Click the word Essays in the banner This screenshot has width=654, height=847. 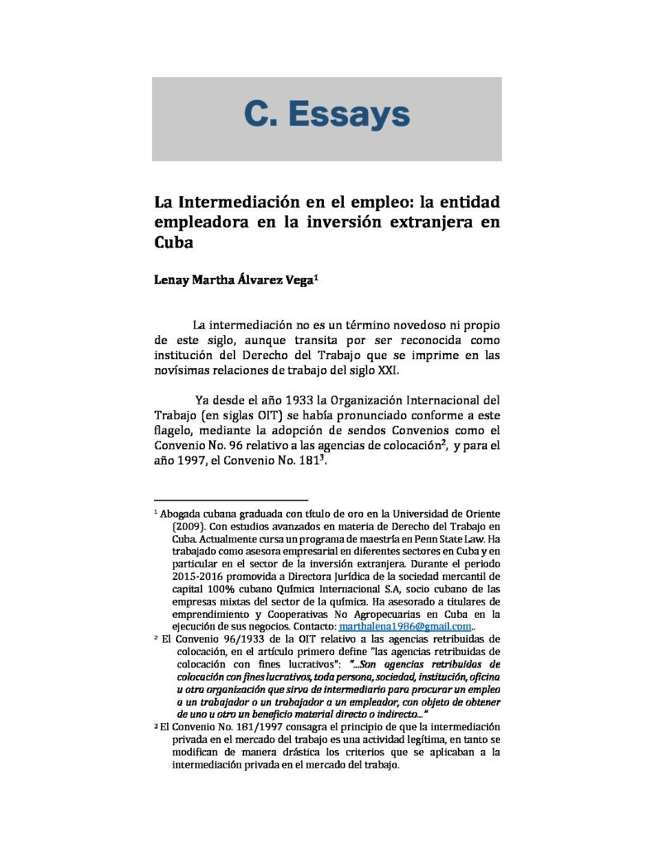click(x=358, y=114)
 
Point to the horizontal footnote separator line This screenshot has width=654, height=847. click(x=231, y=500)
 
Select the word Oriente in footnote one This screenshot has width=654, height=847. click(x=479, y=514)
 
